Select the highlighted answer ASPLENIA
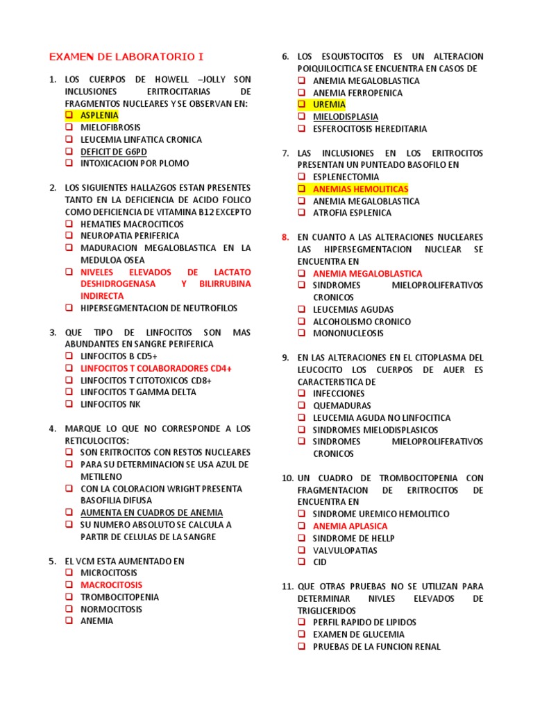tap(99, 115)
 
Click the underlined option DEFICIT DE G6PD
tap(113, 151)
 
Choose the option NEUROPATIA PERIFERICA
tap(129, 236)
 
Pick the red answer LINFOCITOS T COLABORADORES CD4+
tap(155, 368)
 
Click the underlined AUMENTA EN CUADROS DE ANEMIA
tap(151, 512)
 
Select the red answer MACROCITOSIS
tap(111, 585)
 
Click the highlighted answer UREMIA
tap(329, 105)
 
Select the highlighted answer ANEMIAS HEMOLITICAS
tap(360, 189)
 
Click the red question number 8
tap(285, 237)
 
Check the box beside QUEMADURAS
tap(302, 406)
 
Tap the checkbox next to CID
tap(302, 562)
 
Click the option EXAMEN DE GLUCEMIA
tap(358, 634)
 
